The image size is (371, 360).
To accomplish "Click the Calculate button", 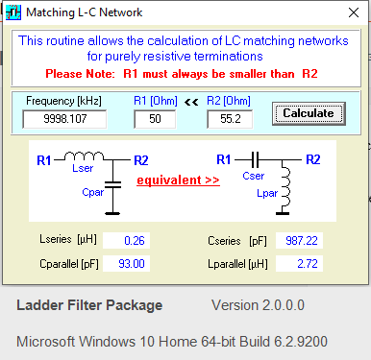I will click(308, 113).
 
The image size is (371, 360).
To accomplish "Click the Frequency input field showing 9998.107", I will click(63, 119).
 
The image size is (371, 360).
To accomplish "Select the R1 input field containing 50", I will click(154, 119).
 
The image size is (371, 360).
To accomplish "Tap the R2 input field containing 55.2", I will click(230, 119).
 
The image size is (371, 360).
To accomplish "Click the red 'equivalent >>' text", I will click(174, 180).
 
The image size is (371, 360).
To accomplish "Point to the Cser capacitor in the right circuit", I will click(255, 159).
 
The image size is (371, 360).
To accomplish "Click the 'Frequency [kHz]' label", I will click(62, 100).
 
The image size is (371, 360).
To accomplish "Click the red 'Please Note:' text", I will click(91, 73).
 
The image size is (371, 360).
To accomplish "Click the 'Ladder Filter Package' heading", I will click(89, 306).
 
